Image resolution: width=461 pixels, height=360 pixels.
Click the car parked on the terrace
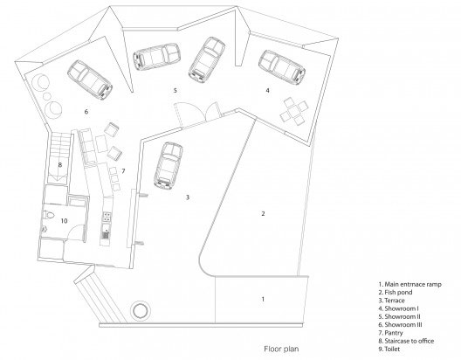click(169, 166)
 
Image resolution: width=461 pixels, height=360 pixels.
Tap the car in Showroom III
click(90, 80)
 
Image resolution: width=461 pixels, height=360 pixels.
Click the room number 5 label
click(175, 90)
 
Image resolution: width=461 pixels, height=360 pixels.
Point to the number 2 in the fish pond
click(263, 213)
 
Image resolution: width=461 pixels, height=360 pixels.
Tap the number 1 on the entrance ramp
click(263, 299)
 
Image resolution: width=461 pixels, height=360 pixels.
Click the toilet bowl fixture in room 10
click(49, 215)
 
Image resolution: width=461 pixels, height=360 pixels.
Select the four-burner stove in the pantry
click(107, 217)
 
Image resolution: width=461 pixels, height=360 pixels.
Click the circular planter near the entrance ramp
click(141, 310)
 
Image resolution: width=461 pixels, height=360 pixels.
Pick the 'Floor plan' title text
click(281, 349)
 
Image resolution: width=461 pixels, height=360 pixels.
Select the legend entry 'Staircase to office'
click(406, 341)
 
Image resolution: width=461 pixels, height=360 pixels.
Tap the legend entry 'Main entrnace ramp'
click(409, 284)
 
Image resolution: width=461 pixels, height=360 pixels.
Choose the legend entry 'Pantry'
click(390, 333)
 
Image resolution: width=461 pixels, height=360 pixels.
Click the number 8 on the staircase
click(60, 164)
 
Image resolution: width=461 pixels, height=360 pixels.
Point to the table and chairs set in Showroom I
click(293, 112)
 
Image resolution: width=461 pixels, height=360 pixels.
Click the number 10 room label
click(64, 220)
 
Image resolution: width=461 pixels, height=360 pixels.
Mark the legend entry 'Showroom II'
click(399, 317)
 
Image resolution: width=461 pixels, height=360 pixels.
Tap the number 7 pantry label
click(123, 171)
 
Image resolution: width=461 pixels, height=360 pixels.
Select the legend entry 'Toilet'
click(389, 350)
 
